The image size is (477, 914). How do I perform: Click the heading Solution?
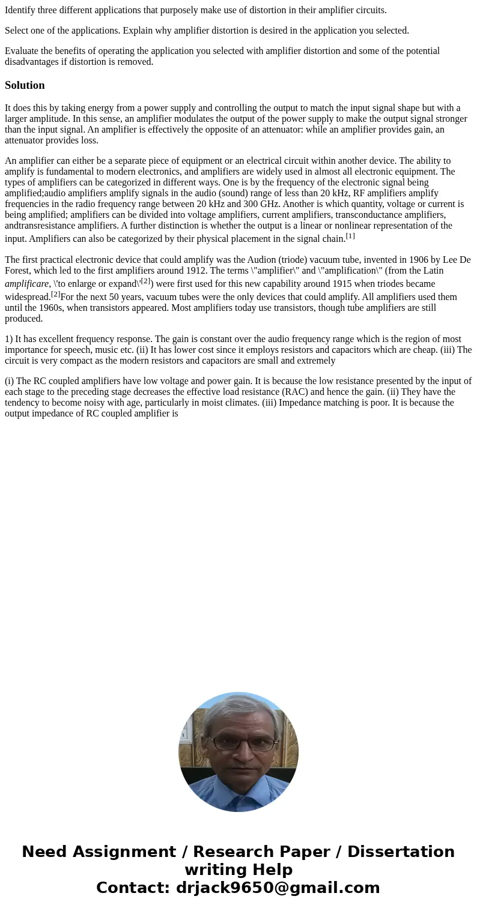click(25, 85)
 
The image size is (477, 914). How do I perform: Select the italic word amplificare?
click(26, 284)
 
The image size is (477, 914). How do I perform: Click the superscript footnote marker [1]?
click(350, 236)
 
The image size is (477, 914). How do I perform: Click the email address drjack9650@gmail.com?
click(276, 888)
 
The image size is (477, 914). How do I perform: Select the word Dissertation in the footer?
click(401, 852)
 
